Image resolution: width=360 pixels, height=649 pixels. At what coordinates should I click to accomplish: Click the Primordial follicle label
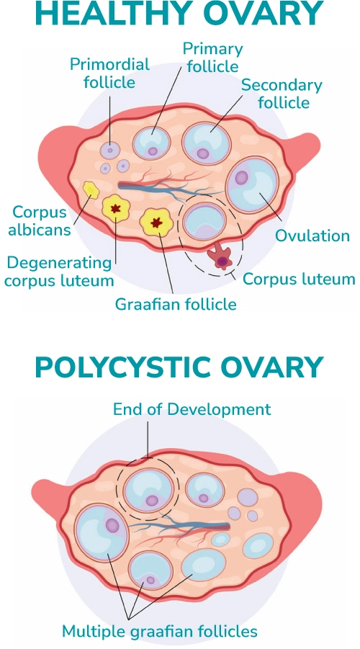click(109, 73)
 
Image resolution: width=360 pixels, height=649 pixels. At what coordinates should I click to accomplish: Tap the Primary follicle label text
click(212, 58)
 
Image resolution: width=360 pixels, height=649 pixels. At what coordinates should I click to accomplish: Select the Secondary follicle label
click(282, 94)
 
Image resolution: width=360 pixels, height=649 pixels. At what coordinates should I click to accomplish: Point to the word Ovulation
click(312, 236)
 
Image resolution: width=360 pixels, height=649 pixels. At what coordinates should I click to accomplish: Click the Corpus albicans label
click(40, 220)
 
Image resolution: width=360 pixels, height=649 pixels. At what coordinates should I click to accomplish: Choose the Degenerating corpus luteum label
click(59, 272)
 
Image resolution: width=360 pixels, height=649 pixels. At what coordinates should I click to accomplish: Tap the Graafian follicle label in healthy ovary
click(176, 304)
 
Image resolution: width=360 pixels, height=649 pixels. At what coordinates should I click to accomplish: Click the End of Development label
click(192, 409)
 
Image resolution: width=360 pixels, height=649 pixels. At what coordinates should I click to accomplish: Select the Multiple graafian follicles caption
click(160, 632)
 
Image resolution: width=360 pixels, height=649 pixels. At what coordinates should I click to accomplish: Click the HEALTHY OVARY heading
click(179, 15)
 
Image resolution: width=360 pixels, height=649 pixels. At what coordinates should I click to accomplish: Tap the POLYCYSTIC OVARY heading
click(179, 367)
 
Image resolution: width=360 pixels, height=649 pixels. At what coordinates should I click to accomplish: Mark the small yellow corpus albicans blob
click(90, 190)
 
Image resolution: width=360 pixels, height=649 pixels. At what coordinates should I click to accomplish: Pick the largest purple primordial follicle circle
click(110, 151)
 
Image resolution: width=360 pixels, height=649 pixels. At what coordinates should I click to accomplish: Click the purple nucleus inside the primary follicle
click(153, 151)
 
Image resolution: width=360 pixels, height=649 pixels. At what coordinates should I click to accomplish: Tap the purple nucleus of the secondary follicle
click(203, 154)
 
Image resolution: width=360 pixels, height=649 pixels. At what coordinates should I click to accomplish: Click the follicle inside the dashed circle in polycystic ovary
click(148, 491)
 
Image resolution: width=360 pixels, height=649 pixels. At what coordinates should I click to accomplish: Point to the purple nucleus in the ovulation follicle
click(242, 178)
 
